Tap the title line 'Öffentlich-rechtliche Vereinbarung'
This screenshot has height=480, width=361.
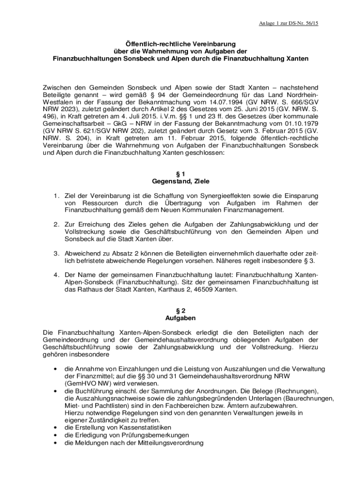(x=180, y=43)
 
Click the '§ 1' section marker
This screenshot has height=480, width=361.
(x=180, y=173)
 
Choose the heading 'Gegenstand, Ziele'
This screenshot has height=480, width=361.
(x=180, y=181)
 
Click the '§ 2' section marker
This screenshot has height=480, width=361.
(x=180, y=310)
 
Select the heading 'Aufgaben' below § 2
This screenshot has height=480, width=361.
(x=180, y=318)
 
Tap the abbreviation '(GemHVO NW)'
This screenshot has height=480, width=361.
(x=86, y=383)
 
